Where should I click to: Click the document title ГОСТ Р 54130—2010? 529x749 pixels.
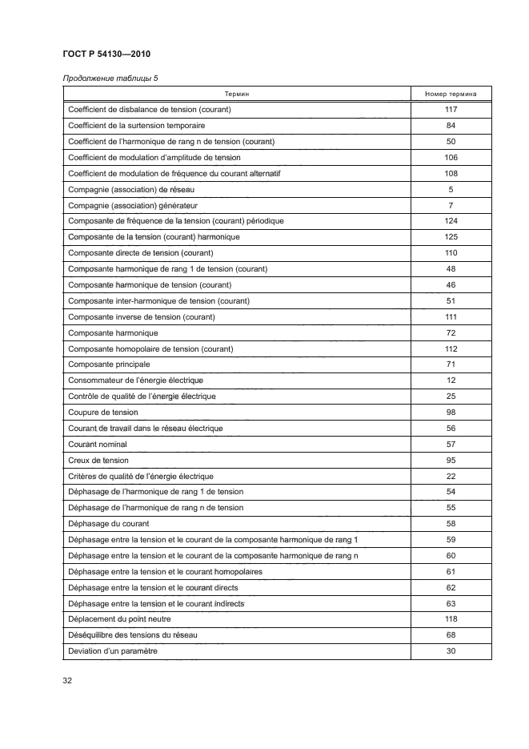(x=106, y=54)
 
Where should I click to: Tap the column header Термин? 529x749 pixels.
(x=236, y=94)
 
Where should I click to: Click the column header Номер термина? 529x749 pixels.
(x=451, y=94)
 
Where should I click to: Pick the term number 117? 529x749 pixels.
(x=451, y=110)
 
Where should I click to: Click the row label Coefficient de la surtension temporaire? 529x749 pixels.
(x=137, y=126)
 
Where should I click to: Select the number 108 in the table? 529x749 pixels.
(x=451, y=173)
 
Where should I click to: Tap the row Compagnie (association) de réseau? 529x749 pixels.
(x=132, y=189)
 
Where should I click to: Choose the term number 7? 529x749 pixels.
(x=451, y=205)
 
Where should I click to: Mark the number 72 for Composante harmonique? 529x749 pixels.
(x=451, y=332)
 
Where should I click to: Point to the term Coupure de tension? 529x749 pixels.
(x=104, y=413)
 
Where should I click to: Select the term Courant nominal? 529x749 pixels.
(x=99, y=445)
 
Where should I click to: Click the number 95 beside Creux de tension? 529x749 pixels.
(x=451, y=460)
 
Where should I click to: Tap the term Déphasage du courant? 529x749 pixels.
(x=110, y=524)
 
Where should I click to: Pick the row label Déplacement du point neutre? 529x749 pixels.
(x=132, y=619)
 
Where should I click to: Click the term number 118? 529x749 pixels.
(x=451, y=619)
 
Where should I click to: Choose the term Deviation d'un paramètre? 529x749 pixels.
(x=113, y=651)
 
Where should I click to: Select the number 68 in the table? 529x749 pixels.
(x=451, y=635)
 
